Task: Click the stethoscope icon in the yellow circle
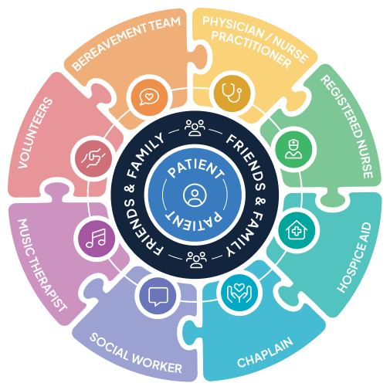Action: tap(232, 93)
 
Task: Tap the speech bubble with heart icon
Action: tap(149, 97)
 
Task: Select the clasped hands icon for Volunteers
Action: tap(93, 158)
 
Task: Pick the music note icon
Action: tap(96, 239)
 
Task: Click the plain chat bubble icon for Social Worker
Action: tap(158, 297)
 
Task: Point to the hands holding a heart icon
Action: tap(239, 293)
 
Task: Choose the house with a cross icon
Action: tap(297, 230)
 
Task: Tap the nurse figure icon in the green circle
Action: tap(293, 149)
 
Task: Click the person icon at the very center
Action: tap(195, 195)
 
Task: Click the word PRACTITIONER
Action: tap(251, 49)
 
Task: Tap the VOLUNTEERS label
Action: tap(35, 133)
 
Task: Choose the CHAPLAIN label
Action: tap(265, 352)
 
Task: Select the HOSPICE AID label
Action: tap(354, 257)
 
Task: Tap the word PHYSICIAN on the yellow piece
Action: tap(233, 27)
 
